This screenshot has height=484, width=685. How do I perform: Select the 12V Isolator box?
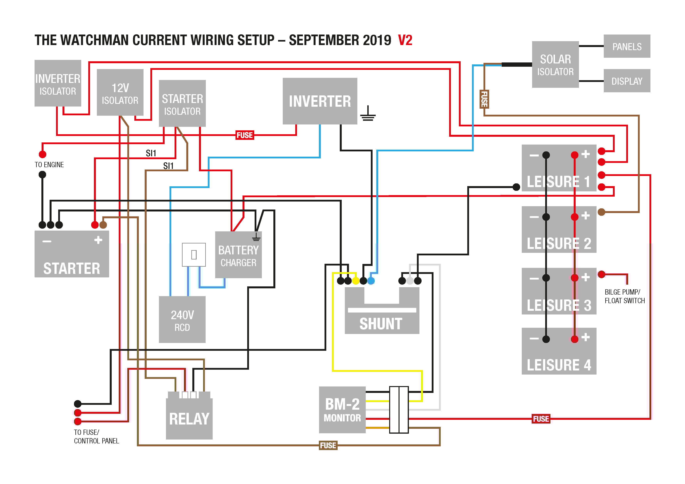pos(120,92)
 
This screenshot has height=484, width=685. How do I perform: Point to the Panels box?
pos(627,46)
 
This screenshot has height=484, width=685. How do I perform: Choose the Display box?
pos(627,81)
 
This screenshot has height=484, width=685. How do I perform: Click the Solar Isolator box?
pos(555,64)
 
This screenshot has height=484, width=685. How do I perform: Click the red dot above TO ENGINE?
pos(42,154)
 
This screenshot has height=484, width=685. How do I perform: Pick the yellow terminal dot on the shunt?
pos(356,281)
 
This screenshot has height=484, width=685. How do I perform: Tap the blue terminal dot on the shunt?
pos(371,281)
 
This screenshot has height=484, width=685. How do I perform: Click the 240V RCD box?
pos(182,319)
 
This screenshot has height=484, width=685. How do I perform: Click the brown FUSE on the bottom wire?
pos(328,445)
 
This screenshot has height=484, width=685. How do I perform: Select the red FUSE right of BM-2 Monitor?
pos(541,419)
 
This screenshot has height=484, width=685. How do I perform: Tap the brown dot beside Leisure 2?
pos(601,212)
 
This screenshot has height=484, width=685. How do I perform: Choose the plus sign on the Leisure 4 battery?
pos(585,337)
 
